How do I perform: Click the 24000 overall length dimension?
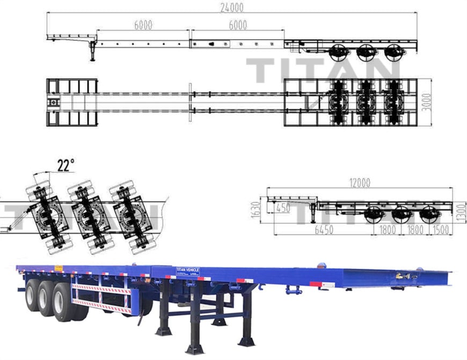(x=232, y=7)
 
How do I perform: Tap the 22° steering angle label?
(x=65, y=165)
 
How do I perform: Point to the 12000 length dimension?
(x=359, y=183)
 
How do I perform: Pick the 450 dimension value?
(x=283, y=207)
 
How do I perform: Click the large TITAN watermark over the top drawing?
(x=323, y=69)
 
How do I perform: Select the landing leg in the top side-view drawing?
(x=92, y=51)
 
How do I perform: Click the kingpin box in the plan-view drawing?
(x=53, y=102)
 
